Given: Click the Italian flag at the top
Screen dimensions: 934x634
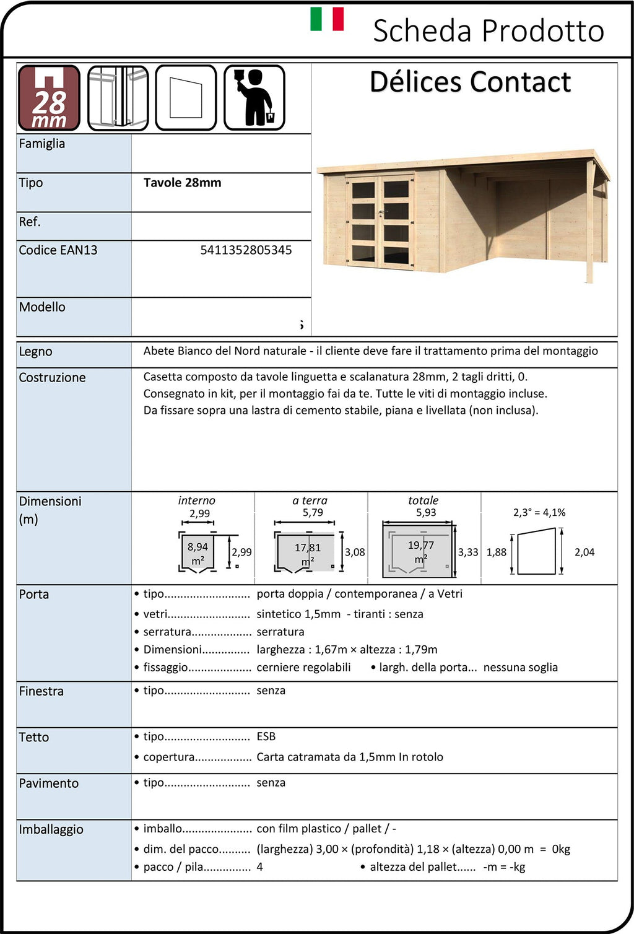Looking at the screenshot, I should pyautogui.click(x=327, y=19).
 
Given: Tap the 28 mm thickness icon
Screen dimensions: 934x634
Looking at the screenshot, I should pyautogui.click(x=49, y=98).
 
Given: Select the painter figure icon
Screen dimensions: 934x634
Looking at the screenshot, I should pyautogui.click(x=254, y=98).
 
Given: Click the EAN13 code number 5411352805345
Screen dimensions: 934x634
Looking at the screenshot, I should pyautogui.click(x=246, y=250).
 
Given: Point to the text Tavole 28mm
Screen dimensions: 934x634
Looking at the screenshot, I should pyautogui.click(x=182, y=183).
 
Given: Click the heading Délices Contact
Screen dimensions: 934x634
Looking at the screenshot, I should pyautogui.click(x=470, y=82).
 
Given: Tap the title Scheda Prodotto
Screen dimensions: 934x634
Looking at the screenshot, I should pyautogui.click(x=488, y=31).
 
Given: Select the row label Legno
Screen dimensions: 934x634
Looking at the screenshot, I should pyautogui.click(x=36, y=352).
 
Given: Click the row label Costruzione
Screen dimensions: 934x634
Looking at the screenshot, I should pyautogui.click(x=53, y=378).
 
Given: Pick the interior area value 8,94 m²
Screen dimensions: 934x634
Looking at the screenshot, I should pyautogui.click(x=198, y=553).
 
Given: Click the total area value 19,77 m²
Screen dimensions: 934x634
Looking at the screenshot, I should pyautogui.click(x=421, y=552).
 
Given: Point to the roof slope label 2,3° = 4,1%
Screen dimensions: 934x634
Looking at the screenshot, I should pyautogui.click(x=539, y=513).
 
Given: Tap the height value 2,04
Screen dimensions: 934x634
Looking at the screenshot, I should pyautogui.click(x=584, y=552).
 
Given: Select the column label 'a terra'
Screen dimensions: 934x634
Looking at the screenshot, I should pyautogui.click(x=310, y=500).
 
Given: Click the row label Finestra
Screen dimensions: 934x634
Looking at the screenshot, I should pyautogui.click(x=41, y=691).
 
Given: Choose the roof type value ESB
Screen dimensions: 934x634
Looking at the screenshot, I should pyautogui.click(x=266, y=736).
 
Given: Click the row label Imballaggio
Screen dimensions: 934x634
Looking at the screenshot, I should pyautogui.click(x=51, y=829).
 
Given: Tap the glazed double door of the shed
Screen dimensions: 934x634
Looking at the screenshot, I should pyautogui.click(x=380, y=222).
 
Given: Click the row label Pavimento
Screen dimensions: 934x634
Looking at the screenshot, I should pyautogui.click(x=49, y=783).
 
